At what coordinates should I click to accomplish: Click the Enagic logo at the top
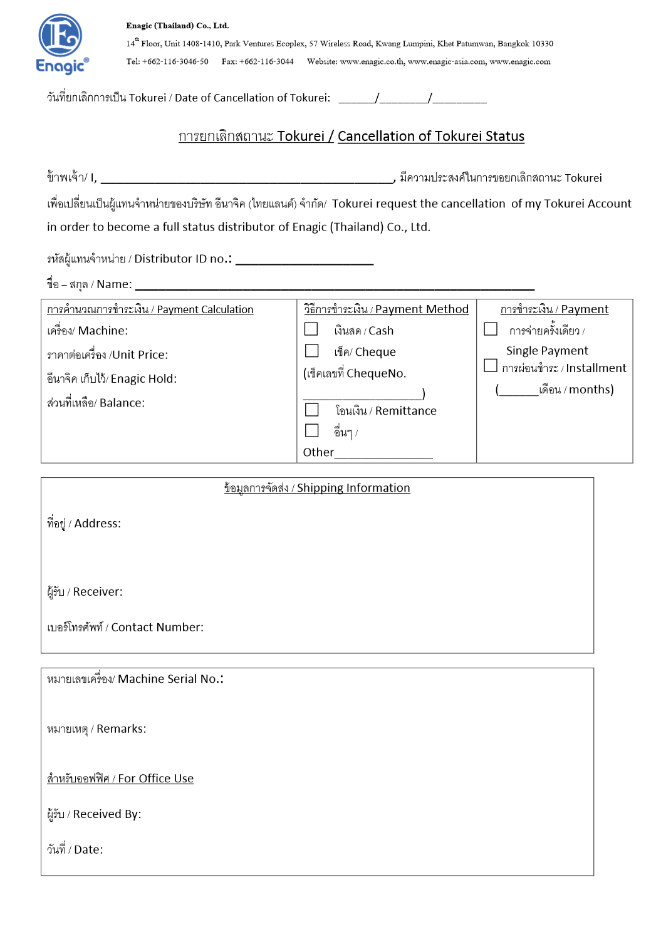click(61, 44)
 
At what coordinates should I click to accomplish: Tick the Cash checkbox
click(311, 329)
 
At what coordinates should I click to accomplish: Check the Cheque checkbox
click(311, 351)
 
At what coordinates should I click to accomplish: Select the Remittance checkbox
click(311, 410)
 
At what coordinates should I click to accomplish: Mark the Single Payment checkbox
click(491, 329)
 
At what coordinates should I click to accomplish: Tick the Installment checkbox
click(491, 366)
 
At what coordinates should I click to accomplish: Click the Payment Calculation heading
click(150, 309)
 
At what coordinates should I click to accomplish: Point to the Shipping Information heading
click(317, 488)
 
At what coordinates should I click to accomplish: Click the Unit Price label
click(108, 355)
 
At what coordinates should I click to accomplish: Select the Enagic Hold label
click(112, 379)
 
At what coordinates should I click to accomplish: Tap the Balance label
click(96, 403)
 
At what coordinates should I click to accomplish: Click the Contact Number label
click(125, 628)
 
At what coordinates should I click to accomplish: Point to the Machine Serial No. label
click(135, 679)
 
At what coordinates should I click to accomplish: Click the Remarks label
click(96, 729)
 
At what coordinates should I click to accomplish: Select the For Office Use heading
click(120, 779)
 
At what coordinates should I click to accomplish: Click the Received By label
click(94, 814)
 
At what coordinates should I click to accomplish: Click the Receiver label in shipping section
click(85, 592)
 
